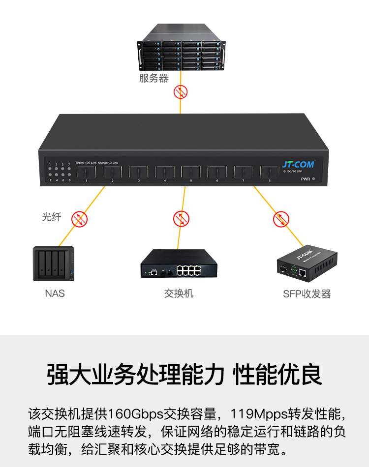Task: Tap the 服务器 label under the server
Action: click(154, 79)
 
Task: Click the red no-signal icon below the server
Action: click(181, 91)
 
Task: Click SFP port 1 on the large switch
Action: click(87, 172)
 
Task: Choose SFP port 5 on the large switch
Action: click(191, 172)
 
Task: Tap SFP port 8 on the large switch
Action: click(269, 172)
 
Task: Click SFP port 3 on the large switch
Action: click(139, 172)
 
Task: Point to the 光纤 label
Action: click(52, 217)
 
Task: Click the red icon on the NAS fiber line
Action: click(79, 219)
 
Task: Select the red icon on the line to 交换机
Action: click(181, 219)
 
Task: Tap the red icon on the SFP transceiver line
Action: click(281, 219)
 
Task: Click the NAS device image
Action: click(54, 264)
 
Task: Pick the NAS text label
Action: click(55, 293)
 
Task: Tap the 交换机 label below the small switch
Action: click(179, 293)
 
